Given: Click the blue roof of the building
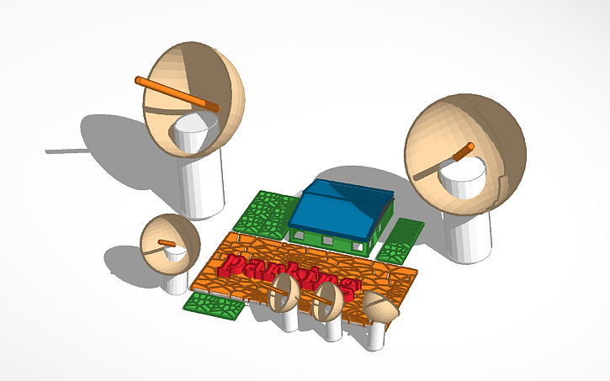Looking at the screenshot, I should (x=341, y=206).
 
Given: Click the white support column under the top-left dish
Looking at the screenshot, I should (x=203, y=181).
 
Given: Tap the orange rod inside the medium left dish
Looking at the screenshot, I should (x=167, y=243).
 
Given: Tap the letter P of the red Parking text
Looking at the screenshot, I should (x=232, y=266).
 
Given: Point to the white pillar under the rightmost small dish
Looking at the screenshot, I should (x=377, y=337).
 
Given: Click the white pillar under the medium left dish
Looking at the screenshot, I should (x=177, y=282).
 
